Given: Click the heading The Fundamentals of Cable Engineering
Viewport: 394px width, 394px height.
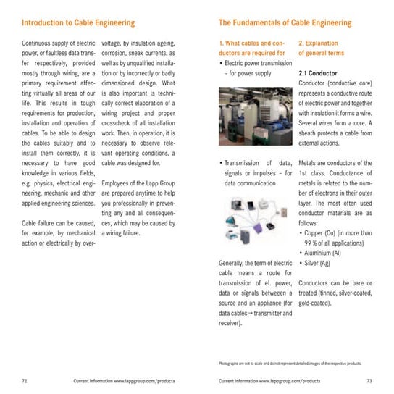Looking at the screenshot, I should [x=285, y=22].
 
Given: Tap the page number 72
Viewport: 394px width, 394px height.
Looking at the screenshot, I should [x=25, y=380].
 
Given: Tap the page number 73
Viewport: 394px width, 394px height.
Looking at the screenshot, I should [x=369, y=380].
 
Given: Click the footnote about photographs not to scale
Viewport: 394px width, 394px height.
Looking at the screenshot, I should [x=290, y=363].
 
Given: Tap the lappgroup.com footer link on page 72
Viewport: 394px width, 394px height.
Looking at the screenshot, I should [x=124, y=380].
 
